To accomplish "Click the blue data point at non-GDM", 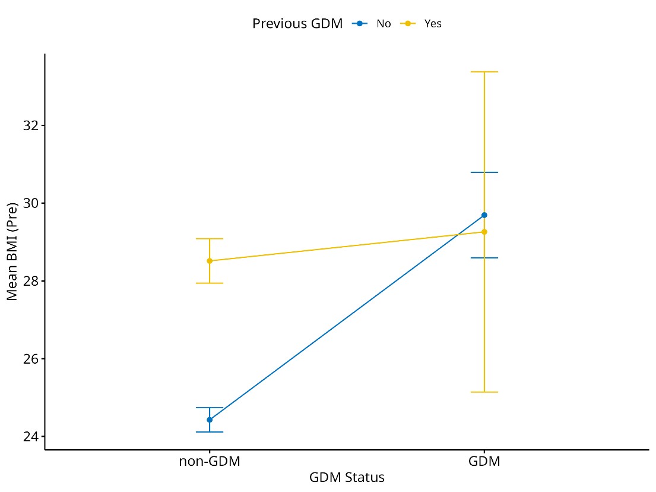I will (x=210, y=420).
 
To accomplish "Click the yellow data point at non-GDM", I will (x=210, y=261).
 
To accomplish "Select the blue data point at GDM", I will (x=484, y=215).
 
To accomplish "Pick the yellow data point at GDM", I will (x=484, y=232).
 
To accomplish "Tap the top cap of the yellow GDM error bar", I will (x=484, y=72).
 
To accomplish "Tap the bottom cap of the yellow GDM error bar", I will (x=484, y=392).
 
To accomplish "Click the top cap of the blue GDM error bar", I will (x=484, y=172).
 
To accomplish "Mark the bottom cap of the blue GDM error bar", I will (x=484, y=258).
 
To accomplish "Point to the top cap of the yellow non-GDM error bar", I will (x=210, y=239).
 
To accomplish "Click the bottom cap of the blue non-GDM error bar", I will (x=210, y=432).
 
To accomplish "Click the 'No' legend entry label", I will (x=384, y=24).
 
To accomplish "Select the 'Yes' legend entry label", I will (x=433, y=24).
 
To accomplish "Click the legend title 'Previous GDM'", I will (x=297, y=24).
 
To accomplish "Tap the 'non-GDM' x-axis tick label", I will (x=210, y=462).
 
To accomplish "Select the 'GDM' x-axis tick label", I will (x=484, y=462).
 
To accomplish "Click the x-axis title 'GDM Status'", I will (x=347, y=478).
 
